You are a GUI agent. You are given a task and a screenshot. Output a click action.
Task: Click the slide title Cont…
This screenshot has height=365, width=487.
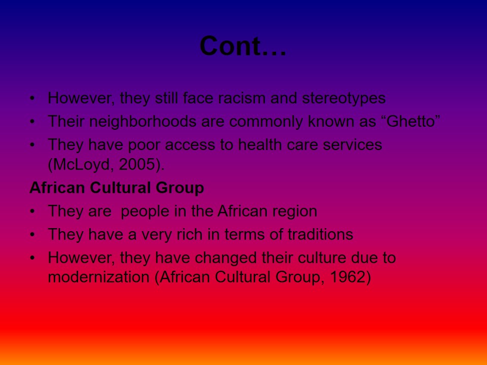point(242,46)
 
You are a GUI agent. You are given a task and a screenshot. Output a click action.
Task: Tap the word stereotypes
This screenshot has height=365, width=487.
point(344,99)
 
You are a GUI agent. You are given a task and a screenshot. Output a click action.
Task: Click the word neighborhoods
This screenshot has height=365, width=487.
point(143,122)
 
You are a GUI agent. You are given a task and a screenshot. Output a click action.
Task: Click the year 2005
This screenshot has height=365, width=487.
point(136,164)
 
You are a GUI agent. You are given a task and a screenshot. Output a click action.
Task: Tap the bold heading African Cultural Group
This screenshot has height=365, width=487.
point(117,188)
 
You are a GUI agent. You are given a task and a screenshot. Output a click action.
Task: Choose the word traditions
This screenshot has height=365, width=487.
point(320,234)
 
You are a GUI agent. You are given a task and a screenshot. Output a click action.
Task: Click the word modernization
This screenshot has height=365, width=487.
point(99,277)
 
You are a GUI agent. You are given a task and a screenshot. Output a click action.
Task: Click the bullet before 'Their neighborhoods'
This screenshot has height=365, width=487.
point(32,122)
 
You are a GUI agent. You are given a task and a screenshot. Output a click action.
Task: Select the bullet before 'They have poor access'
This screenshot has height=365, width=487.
point(32,145)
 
